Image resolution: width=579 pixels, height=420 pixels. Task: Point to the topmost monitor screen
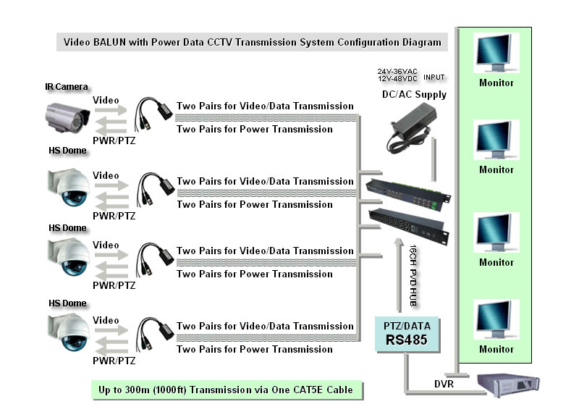(496, 53)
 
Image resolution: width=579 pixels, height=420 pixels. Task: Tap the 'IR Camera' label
(66, 87)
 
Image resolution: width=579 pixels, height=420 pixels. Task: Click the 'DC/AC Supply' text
(414, 94)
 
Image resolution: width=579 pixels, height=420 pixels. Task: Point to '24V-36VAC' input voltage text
(394, 71)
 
